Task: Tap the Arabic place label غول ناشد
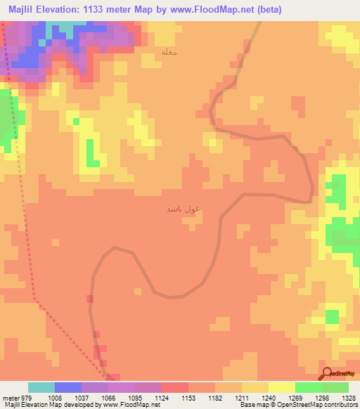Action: pyautogui.click(x=184, y=209)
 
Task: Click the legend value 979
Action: pyautogui.click(x=27, y=397)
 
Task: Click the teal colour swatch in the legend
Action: pyautogui.click(x=41, y=387)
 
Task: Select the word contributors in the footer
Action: pyautogui.click(x=340, y=405)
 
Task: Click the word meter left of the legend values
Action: pyautogui.click(x=10, y=397)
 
